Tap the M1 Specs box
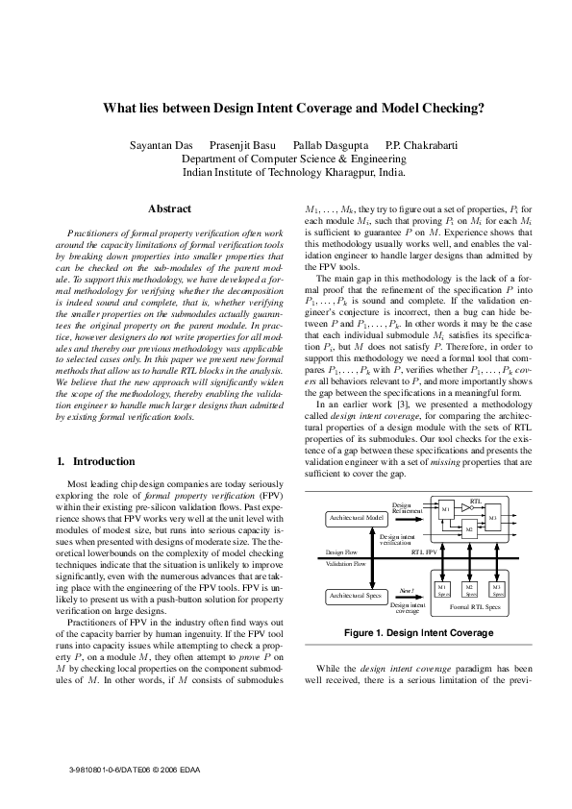[442, 589]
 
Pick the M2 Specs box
[469, 589]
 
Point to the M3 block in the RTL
[492, 518]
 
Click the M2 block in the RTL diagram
[468, 529]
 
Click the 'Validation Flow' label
[344, 565]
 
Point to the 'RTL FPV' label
[424, 553]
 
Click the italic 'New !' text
[407, 590]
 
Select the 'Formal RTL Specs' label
[469, 608]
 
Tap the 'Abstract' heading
[169, 208]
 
